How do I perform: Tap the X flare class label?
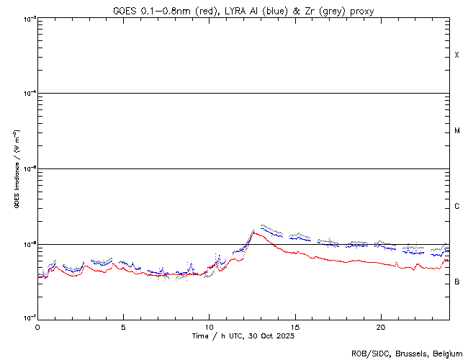coord(457,55)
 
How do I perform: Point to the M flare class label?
coord(457,131)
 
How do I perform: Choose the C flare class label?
coord(457,207)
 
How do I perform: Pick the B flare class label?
coord(457,282)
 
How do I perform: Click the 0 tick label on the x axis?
coord(37,326)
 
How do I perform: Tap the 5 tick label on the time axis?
coord(123,326)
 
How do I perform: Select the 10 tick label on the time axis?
coord(209,326)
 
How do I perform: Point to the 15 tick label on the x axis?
coord(294,326)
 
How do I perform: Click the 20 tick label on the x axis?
coord(380,326)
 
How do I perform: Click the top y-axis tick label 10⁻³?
coord(27,18)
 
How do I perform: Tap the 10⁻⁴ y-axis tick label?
coord(27,94)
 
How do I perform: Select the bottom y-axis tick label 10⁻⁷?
coord(27,318)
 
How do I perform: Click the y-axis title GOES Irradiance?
coord(16,169)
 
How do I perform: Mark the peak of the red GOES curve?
coord(253,233)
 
